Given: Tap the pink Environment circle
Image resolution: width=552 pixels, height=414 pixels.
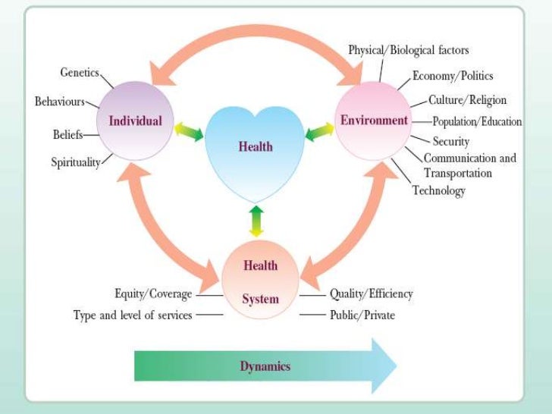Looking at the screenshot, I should point(374,120).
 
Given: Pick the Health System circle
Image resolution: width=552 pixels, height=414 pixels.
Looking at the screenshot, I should point(260,281).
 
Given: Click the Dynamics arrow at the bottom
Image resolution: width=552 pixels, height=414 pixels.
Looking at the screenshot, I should point(265,365).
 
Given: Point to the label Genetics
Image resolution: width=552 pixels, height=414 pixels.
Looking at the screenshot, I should point(80,72).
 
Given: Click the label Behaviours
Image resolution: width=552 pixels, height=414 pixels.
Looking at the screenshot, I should point(60,101).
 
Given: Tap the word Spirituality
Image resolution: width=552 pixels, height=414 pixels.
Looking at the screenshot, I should point(76,162).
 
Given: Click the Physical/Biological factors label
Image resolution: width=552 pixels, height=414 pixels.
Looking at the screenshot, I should point(408,50).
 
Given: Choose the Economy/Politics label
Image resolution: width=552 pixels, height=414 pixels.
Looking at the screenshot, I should point(453,76).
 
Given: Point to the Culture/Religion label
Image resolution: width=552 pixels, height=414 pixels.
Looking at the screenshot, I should point(467,99).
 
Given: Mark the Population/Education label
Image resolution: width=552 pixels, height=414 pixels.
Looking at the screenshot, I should point(477,121).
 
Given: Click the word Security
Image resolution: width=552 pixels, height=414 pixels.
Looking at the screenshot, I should point(451,141).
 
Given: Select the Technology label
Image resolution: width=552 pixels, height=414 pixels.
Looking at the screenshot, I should point(438,190).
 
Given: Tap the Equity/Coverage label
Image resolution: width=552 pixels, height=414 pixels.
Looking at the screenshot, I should point(153,293).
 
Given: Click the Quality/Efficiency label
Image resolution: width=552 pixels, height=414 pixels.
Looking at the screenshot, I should point(371,293).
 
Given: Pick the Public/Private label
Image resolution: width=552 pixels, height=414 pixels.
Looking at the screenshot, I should point(362,314).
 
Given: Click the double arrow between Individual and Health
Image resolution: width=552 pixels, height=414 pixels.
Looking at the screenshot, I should point(189,133).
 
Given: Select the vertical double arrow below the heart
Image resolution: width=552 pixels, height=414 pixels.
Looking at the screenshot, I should point(256,220).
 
